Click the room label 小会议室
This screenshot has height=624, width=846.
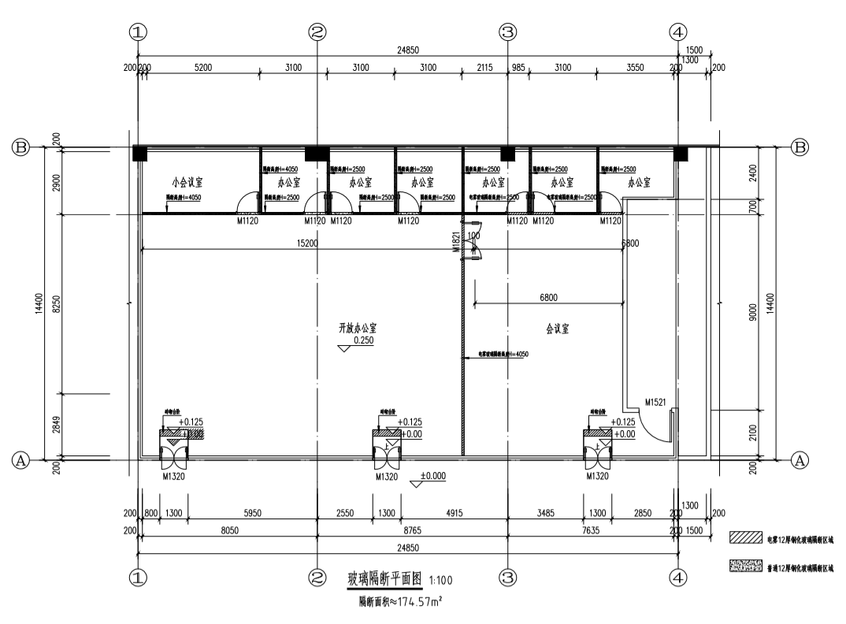pos(187,182)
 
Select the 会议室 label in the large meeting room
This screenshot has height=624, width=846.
pos(558,328)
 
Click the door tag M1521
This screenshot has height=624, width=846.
pos(655,402)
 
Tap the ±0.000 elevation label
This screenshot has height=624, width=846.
pos(433,476)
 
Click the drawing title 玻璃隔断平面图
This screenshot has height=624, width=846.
pos(385,581)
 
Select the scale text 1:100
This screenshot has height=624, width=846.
pos(439,582)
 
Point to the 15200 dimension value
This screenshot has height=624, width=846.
pos(306,244)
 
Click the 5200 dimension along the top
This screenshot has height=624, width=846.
pos(202,69)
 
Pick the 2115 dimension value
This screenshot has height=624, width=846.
pos(484,69)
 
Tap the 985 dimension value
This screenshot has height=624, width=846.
pos(518,69)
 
